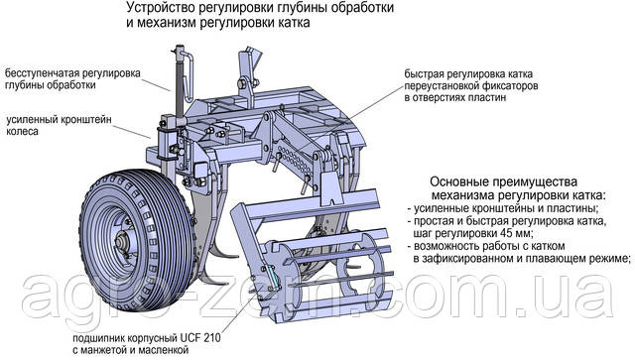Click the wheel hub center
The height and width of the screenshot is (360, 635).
pos(121,242)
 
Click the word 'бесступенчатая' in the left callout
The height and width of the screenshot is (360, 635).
pos(43,73)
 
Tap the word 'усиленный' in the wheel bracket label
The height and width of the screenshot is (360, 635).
pos(32,120)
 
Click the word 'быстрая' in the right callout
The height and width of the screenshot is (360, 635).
pos(424,74)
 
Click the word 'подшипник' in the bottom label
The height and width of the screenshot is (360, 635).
pos(97,338)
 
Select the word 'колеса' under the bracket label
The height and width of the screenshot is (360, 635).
pos(22,132)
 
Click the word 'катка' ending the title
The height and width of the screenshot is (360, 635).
pos(295,23)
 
